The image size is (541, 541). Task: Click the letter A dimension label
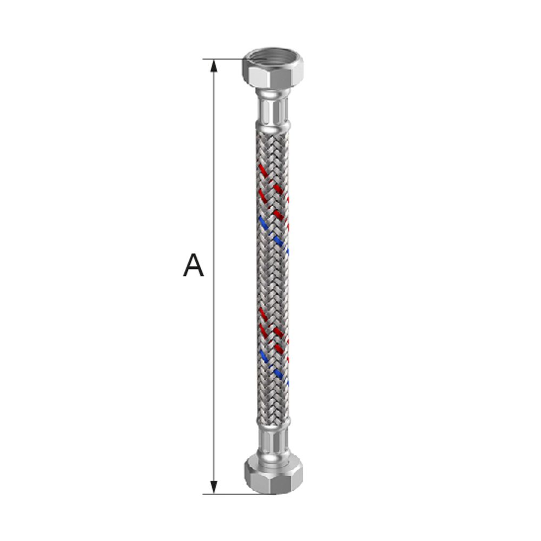[193, 265]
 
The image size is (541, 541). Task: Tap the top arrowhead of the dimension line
[214, 65]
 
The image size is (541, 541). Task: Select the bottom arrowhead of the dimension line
[214, 487]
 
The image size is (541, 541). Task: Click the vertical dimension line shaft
[214, 276]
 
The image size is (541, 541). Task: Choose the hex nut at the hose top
[273, 69]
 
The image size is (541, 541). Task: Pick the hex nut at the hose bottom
[274, 473]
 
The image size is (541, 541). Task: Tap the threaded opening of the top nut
[273, 56]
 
